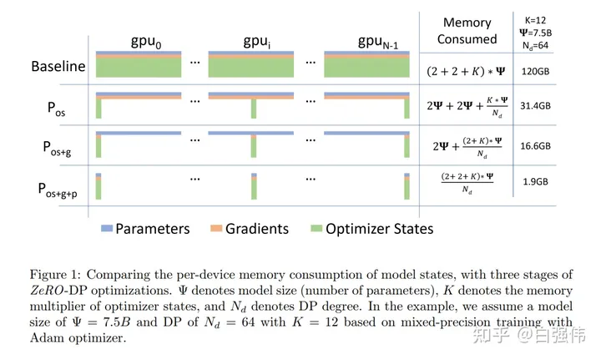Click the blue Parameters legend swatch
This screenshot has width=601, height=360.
105,229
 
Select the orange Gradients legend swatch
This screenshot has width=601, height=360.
215,229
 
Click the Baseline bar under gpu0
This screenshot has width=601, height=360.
139,65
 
